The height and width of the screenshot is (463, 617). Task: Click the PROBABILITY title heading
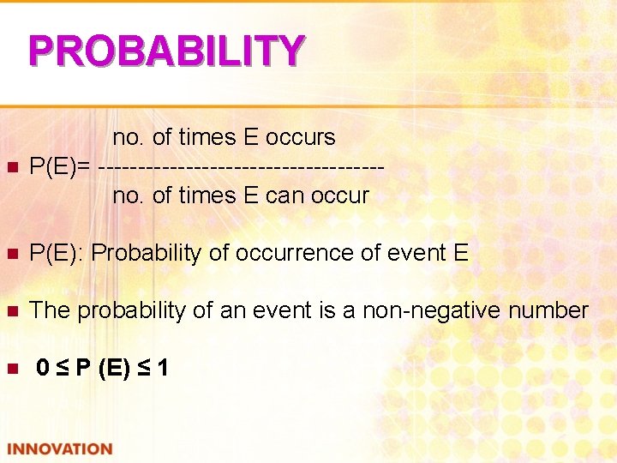click(166, 51)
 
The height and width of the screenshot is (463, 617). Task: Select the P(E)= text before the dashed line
click(60, 166)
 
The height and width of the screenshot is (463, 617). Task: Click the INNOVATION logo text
click(60, 449)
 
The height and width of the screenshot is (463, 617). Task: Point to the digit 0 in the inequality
click(43, 369)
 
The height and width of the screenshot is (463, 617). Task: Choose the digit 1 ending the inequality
click(162, 369)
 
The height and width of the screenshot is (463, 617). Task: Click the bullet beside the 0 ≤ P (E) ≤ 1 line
click(12, 370)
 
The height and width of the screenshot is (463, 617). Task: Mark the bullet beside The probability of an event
click(12, 311)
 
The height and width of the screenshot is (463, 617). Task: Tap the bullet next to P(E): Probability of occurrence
click(12, 254)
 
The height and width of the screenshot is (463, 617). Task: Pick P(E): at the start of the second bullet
click(57, 253)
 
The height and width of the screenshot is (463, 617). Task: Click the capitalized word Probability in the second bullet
click(147, 253)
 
